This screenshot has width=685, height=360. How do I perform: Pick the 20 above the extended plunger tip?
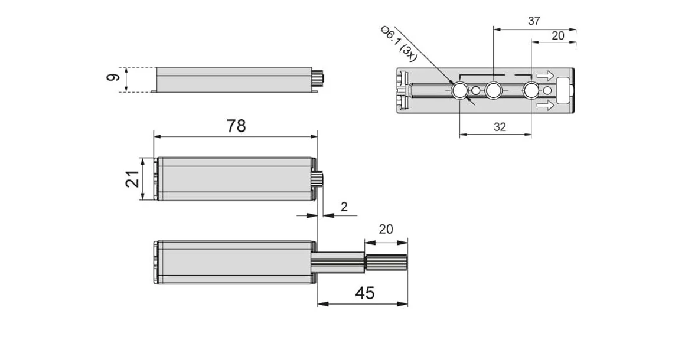386,230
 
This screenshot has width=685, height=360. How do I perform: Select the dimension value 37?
534,21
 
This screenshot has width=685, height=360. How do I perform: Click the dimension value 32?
500,127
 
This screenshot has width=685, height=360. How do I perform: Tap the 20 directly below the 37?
557,36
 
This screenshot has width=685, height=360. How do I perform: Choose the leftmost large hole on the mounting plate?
459,90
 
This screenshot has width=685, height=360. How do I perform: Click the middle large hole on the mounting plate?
493,90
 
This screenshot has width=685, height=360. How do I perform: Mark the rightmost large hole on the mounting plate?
531,90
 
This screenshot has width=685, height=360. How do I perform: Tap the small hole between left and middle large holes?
477,90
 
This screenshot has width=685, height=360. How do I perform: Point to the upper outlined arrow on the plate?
546,76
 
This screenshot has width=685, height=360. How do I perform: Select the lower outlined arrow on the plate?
546,106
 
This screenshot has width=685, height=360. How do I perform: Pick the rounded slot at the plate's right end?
563,90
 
